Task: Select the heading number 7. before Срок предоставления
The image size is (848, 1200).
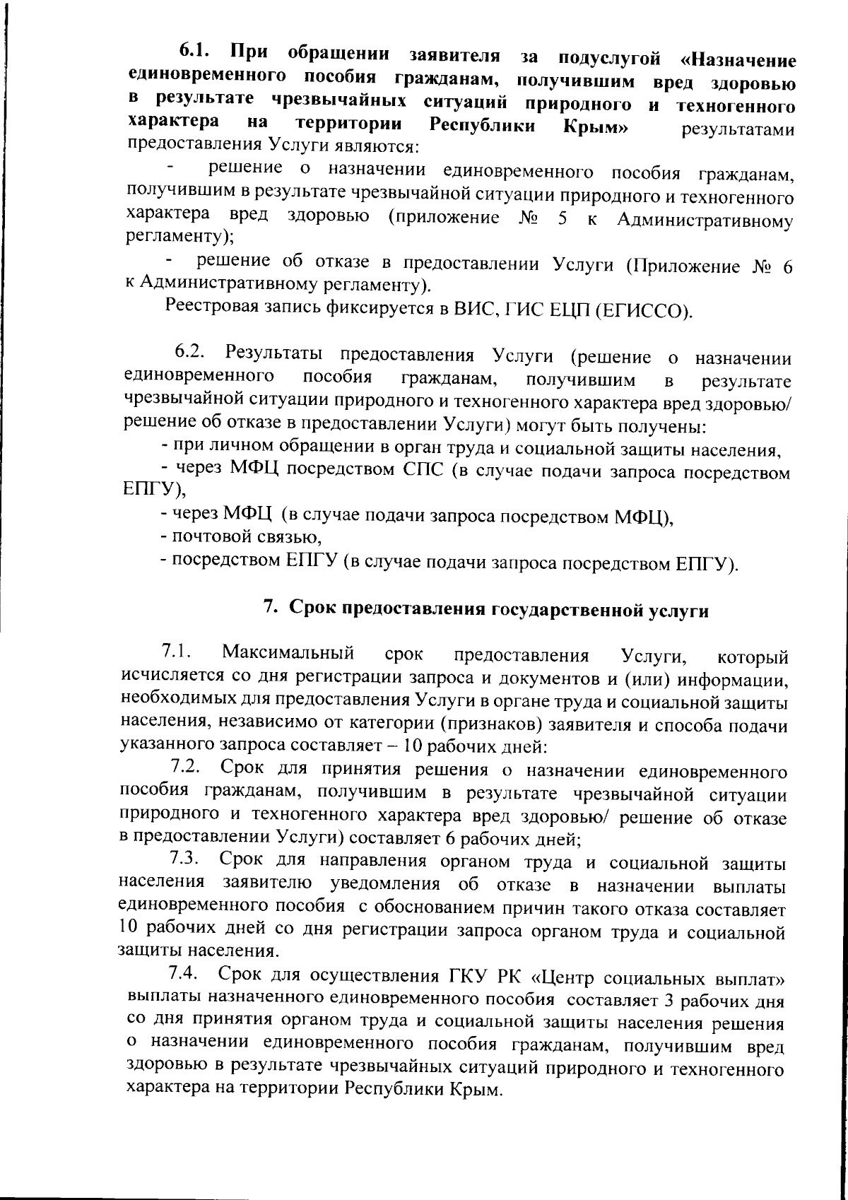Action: (270, 608)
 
